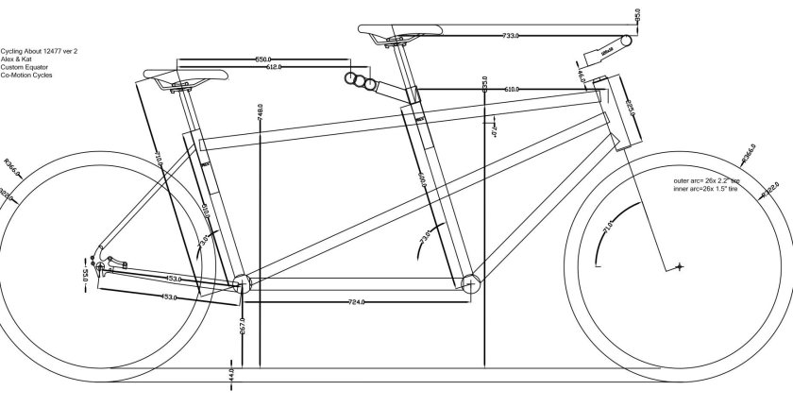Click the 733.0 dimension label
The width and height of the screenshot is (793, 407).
tap(511, 36)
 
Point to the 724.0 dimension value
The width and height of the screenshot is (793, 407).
tap(357, 302)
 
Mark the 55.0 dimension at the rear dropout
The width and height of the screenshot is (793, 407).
tap(86, 277)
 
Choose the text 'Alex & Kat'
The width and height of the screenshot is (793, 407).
tap(18, 59)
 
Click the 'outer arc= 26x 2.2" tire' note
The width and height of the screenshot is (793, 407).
tap(704, 180)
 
